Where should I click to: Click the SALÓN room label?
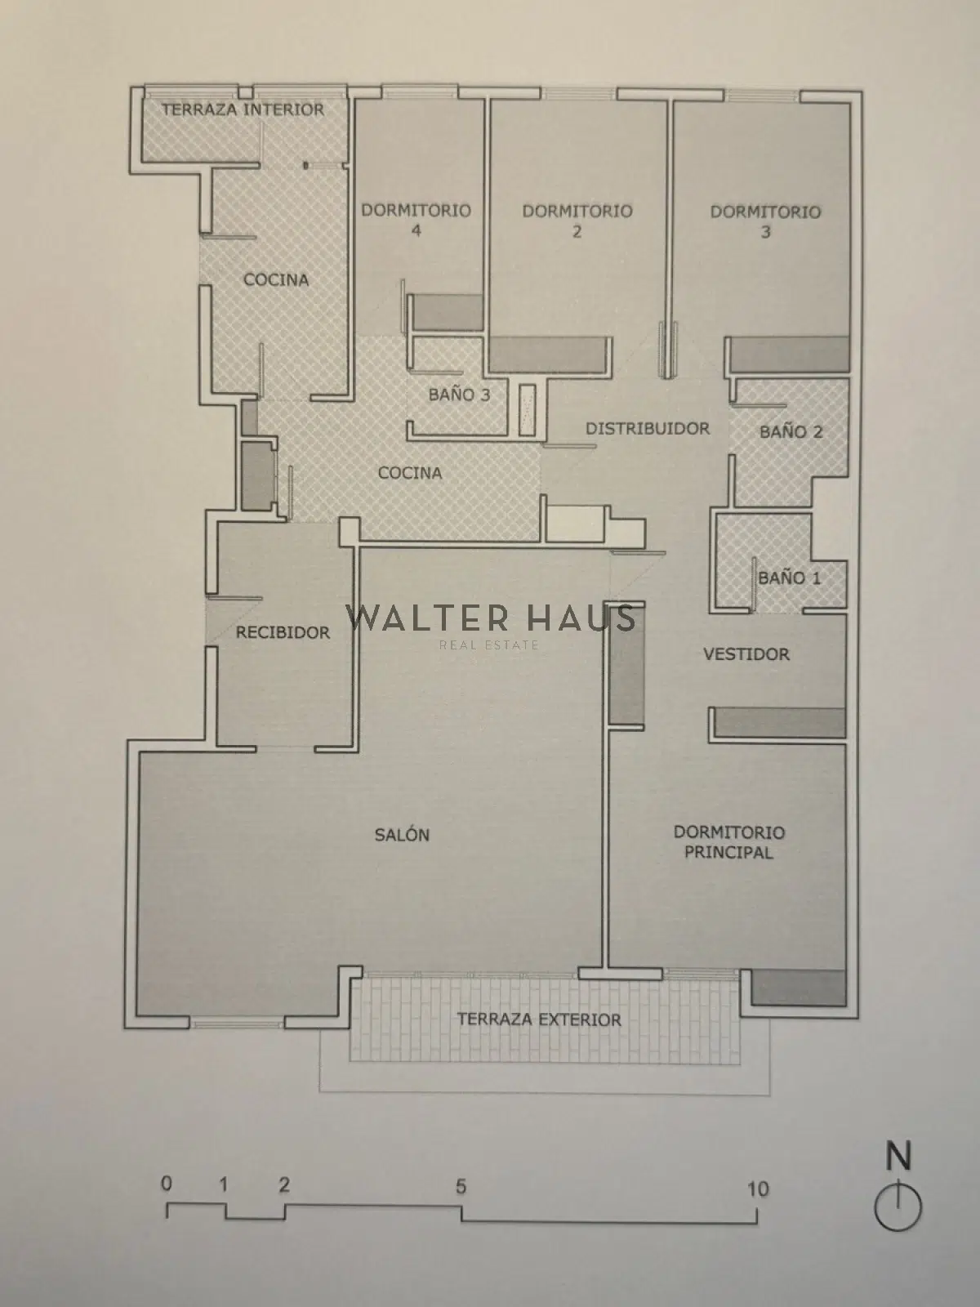tap(402, 835)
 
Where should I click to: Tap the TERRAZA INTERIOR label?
tap(243, 109)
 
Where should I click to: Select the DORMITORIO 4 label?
tap(416, 220)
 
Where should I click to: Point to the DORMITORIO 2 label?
tap(577, 221)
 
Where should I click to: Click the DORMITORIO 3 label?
tap(765, 221)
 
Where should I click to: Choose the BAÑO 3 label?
tap(459, 395)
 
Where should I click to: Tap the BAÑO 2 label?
tap(791, 431)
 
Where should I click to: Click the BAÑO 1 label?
tap(789, 578)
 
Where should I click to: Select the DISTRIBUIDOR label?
tap(648, 428)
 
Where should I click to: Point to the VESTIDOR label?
tap(746, 653)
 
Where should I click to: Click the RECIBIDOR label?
tap(283, 631)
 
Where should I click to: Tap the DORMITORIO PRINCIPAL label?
tap(729, 842)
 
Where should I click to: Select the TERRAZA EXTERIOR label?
tap(539, 1019)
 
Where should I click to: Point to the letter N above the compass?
tap(898, 1157)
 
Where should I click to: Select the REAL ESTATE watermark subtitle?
tap(489, 645)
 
